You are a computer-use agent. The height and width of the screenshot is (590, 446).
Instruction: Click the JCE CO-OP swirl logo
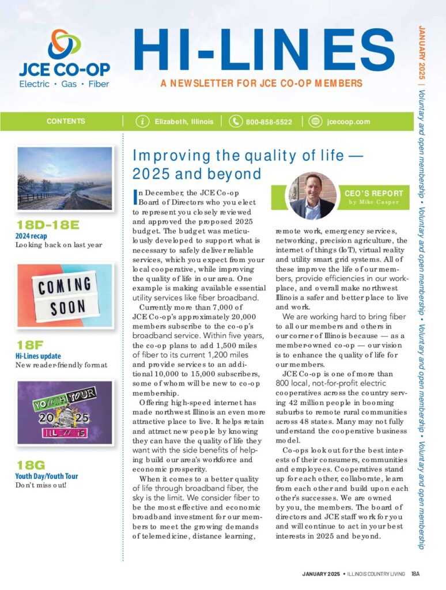tap(64, 44)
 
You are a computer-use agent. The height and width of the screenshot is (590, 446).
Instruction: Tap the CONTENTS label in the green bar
tap(66, 122)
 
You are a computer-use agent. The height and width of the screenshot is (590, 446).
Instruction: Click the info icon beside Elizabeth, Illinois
tap(142, 122)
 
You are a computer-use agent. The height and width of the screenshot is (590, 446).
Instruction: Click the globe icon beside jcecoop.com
tap(315, 122)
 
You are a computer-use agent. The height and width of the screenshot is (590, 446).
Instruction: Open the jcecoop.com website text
tap(348, 122)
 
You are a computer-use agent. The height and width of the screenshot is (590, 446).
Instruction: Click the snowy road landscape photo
tap(65, 177)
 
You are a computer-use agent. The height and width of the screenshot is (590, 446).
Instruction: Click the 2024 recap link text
tap(32, 236)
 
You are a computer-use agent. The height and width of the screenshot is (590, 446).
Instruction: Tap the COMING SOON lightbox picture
tap(65, 295)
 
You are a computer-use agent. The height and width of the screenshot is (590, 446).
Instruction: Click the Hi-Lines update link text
tap(38, 356)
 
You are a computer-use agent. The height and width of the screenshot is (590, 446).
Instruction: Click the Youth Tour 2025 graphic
tap(65, 413)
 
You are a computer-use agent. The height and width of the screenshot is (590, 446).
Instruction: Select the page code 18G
tap(27, 466)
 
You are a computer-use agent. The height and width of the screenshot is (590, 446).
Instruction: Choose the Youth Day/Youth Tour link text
tap(47, 476)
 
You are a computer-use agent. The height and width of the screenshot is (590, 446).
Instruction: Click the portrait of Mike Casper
tap(312, 196)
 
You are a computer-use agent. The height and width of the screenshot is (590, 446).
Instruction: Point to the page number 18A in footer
tap(415, 574)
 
